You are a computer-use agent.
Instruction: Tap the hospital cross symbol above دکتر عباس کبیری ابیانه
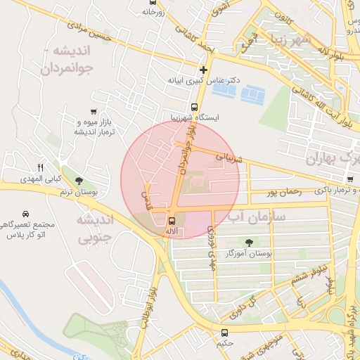tap(204, 70)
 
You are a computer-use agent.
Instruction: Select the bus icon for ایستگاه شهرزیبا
tap(195, 108)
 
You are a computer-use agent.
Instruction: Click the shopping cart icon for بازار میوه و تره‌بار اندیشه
tap(94, 112)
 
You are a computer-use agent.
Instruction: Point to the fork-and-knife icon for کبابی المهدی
tap(40, 167)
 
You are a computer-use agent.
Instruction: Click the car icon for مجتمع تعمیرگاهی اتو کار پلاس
tap(25, 213)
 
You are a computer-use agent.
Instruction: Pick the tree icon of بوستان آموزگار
tap(249, 242)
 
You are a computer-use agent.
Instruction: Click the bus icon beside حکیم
tap(225, 333)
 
